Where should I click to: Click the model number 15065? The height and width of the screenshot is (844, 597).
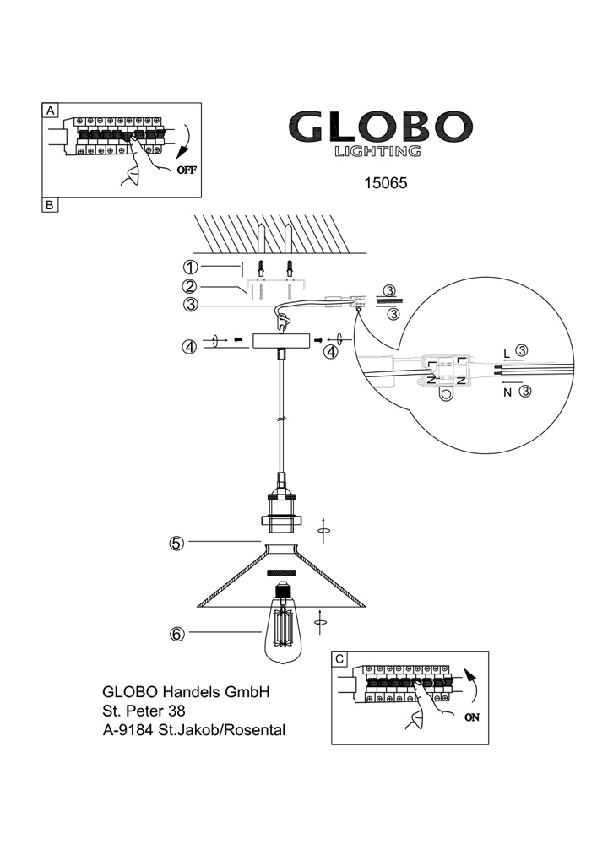click(x=385, y=183)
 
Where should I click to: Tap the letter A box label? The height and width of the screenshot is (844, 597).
click(x=50, y=111)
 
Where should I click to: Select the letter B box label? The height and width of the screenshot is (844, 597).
click(x=50, y=204)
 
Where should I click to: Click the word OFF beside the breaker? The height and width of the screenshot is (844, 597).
click(x=187, y=170)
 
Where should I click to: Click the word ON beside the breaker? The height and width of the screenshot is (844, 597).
click(x=471, y=717)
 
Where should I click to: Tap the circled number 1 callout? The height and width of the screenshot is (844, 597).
click(x=190, y=267)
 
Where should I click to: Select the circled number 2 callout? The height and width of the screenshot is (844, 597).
click(x=190, y=286)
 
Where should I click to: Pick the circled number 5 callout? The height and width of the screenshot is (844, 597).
click(x=176, y=543)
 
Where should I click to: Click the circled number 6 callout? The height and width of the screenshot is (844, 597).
click(x=177, y=635)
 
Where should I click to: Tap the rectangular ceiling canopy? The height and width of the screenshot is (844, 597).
click(x=281, y=341)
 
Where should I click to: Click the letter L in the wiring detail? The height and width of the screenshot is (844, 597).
click(x=506, y=354)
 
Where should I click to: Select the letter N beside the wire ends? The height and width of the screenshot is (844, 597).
click(x=507, y=392)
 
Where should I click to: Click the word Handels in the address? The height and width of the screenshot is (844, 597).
click(x=191, y=692)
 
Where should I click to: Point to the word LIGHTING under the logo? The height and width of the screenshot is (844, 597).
click(x=377, y=151)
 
